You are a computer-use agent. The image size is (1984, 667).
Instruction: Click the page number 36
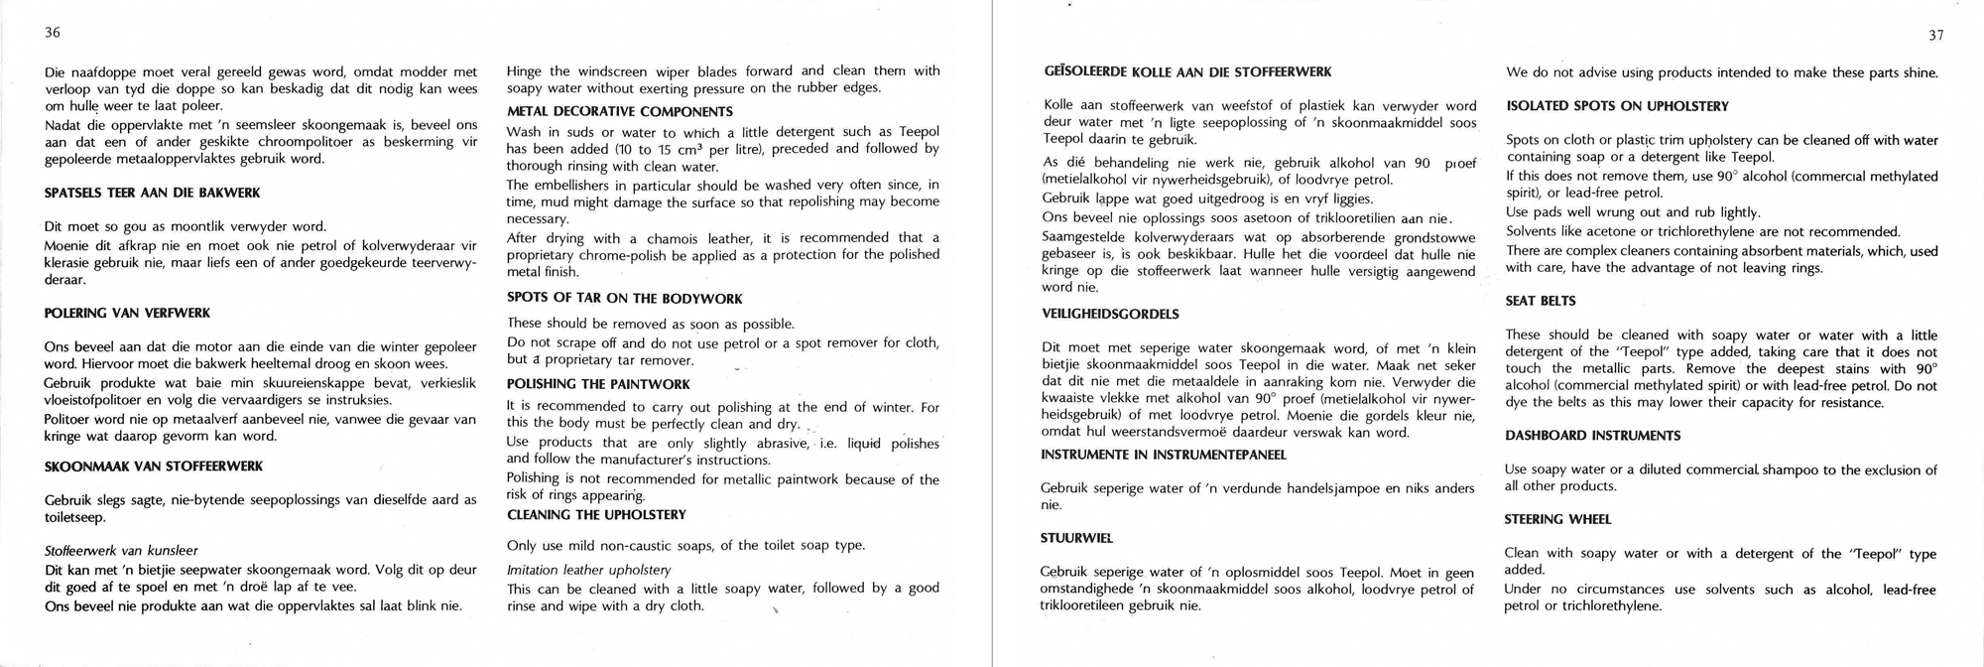point(53,33)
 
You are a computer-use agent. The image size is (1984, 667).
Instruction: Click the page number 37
point(1935,36)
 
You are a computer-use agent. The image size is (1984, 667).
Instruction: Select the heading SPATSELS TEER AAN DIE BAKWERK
point(153,193)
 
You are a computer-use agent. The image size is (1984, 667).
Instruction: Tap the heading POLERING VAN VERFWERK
point(127,313)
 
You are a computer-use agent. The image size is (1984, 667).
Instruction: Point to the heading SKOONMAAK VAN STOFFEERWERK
point(154,466)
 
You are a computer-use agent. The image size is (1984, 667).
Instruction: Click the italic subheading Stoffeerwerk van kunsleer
point(121,550)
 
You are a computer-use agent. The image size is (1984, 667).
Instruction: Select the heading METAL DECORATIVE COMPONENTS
point(620,111)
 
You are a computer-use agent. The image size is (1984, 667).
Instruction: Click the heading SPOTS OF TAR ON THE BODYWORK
point(625,298)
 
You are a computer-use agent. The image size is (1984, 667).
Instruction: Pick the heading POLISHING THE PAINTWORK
point(598,383)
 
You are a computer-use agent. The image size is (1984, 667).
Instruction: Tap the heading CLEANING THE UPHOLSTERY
point(596,514)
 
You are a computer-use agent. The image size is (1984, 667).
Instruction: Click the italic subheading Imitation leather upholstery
point(588,570)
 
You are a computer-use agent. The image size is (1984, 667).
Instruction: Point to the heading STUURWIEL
point(1076,538)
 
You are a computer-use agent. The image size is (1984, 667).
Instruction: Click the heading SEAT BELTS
point(1540,301)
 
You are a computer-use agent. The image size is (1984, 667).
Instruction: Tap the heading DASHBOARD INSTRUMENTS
point(1592,436)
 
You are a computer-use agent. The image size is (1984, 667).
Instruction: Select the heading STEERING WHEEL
point(1557,519)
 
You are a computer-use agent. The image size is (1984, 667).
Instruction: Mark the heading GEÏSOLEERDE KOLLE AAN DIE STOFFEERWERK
point(1187,71)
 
